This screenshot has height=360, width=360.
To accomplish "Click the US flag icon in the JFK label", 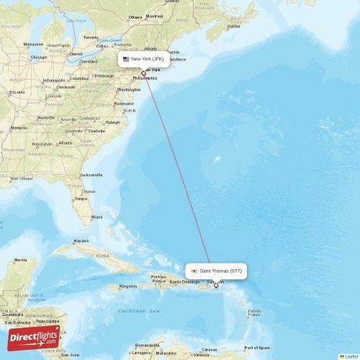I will point(126,59).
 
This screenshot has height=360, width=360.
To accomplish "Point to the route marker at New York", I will point(143,73).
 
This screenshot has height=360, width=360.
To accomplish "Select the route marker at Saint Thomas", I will point(216,286).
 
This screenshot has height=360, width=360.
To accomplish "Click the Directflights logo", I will point(34,337).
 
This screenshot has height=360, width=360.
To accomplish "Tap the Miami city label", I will point(96,216).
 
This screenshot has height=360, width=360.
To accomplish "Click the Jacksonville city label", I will point(91,175).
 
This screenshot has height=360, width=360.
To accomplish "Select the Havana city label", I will point(81,241).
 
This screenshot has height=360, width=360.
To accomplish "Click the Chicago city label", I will point(38,58).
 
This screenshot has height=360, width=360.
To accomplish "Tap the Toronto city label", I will point(90,37).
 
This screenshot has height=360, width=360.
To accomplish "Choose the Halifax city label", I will point(233,27).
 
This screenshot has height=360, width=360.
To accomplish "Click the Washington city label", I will point(129,89).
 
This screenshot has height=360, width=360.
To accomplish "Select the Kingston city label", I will point(128,287).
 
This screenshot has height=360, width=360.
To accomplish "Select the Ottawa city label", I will point(135,17).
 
